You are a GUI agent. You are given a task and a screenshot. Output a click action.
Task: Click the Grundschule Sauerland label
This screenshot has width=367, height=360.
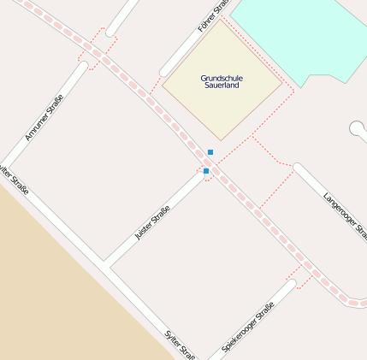coord(222,82)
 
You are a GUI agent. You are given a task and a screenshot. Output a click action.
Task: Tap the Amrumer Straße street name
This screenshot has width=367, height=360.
coord(44,119)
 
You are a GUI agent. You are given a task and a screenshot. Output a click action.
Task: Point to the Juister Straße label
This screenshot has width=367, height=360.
coord(153,221)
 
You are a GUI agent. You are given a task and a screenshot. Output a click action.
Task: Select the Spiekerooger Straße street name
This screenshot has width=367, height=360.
coord(248,328)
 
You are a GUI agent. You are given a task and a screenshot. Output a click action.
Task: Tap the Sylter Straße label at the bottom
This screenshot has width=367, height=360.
coord(180,344)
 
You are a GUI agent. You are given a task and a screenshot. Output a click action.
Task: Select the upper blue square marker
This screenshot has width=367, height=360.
coord(210,152)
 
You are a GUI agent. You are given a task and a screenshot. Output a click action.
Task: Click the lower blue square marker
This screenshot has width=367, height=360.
coord(206,171)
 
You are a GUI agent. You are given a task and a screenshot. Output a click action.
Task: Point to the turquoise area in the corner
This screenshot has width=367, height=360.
coord(299,34)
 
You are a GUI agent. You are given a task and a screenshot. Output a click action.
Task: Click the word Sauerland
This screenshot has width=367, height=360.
coord(222,87)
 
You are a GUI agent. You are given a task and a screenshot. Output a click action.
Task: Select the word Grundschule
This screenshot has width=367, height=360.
coord(222,78)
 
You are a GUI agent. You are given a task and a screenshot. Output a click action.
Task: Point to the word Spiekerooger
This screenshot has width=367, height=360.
coord(239,336)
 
